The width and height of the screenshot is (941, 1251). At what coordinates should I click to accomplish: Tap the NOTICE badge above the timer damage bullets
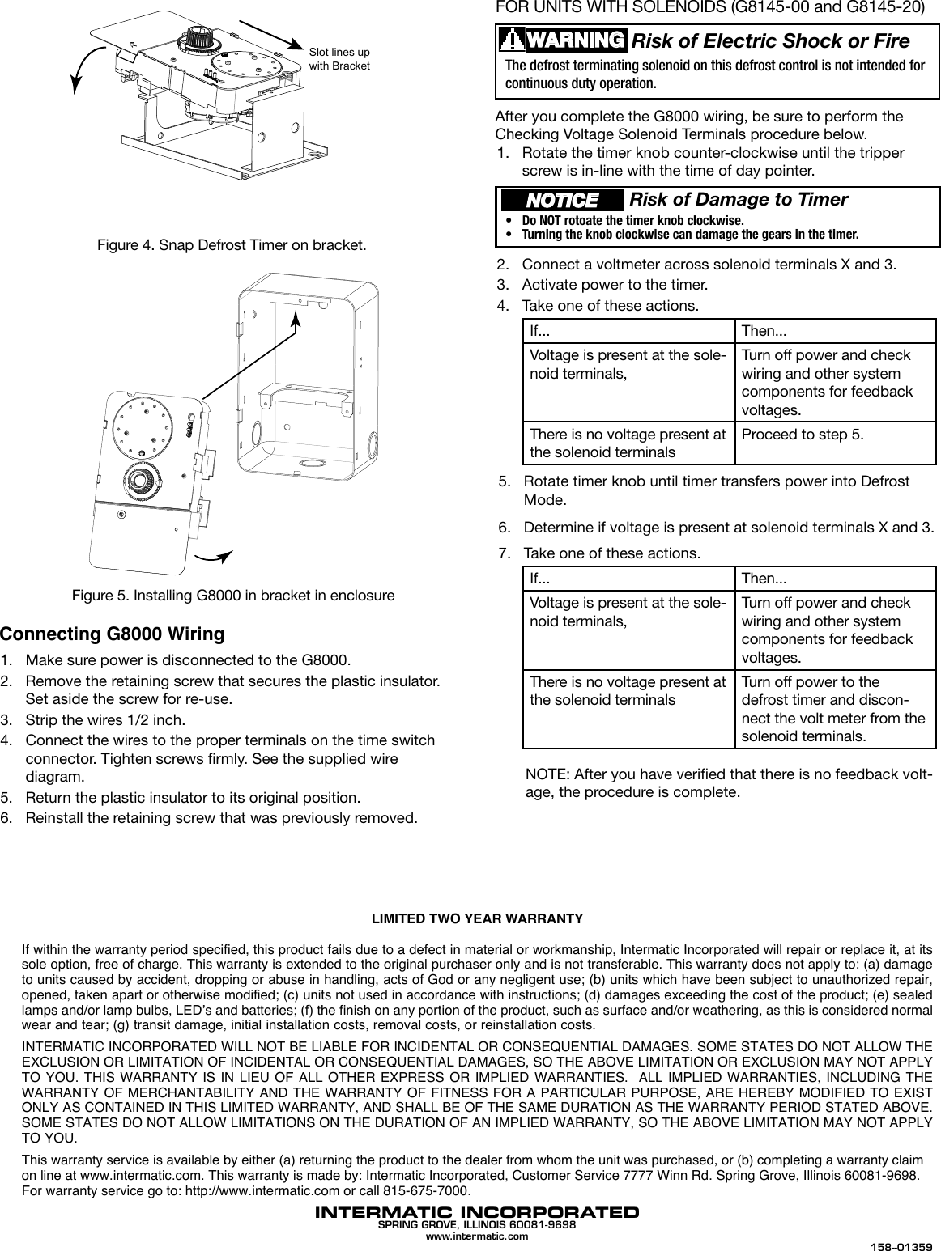tap(563, 200)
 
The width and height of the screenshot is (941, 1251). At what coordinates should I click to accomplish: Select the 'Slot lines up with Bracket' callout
tap(339, 58)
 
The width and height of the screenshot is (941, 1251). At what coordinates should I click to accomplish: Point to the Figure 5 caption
tap(233, 596)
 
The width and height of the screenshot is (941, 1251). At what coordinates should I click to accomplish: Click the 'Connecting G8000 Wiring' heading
tap(112, 633)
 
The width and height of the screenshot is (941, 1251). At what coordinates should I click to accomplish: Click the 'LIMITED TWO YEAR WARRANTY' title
tap(477, 919)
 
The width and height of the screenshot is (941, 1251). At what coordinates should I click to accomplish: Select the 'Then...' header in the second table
tap(764, 579)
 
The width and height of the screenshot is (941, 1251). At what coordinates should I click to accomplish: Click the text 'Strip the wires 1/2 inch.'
tap(105, 719)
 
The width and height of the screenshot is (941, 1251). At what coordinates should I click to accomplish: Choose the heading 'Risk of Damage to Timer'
tap(739, 200)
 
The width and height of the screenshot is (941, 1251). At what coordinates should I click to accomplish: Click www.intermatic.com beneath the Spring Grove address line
tap(477, 1236)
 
